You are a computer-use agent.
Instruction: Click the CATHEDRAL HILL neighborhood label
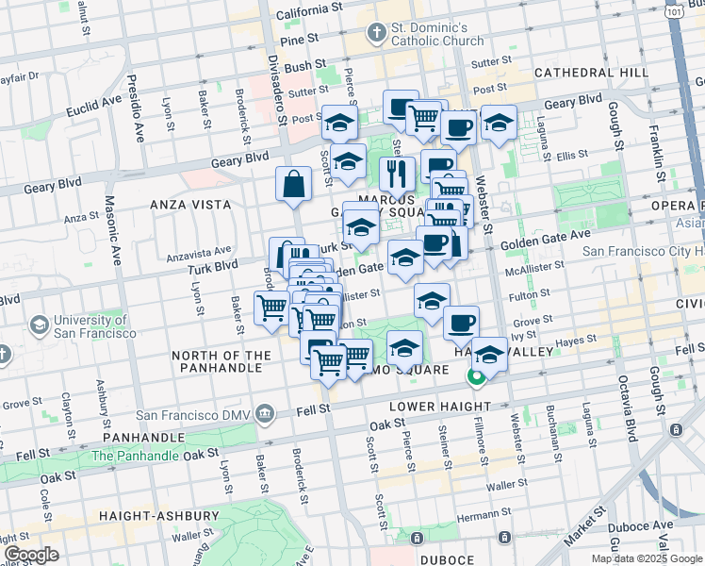(x=590, y=73)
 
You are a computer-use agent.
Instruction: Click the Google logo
(x=32, y=555)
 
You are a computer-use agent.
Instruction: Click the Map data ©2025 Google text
(x=647, y=558)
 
